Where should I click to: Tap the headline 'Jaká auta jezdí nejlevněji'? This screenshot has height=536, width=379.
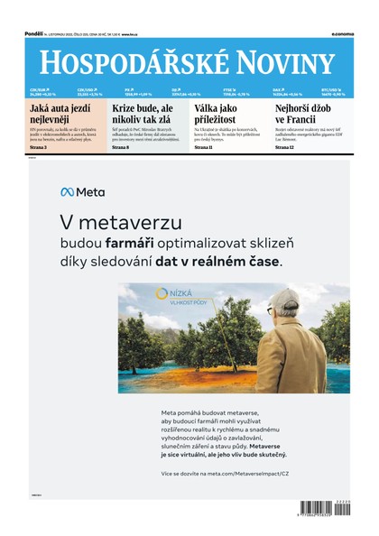point(60,113)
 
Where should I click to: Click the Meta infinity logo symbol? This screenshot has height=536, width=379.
point(67,191)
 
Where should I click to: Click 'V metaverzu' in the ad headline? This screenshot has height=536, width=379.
point(108,222)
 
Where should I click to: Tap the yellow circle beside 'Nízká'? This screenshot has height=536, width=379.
point(162,293)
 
